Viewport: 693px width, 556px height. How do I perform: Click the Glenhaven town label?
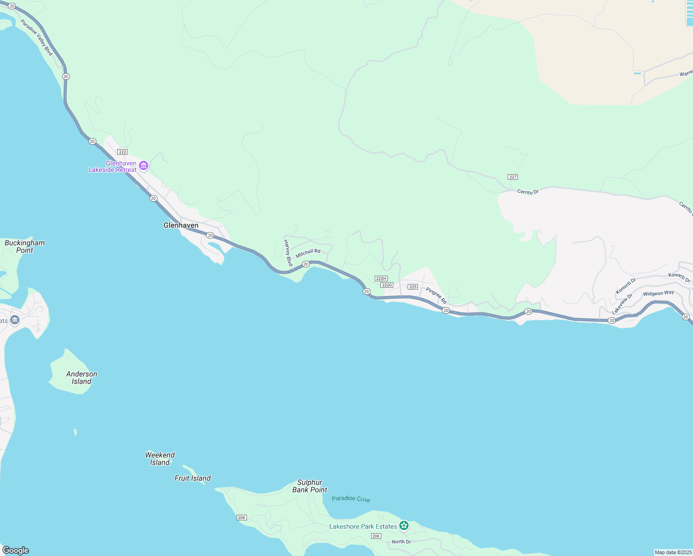pos(181,226)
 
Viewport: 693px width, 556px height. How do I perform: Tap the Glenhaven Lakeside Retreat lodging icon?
pos(144,166)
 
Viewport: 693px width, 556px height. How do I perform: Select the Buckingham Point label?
pos(25,246)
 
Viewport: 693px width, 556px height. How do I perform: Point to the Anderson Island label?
pos(82,378)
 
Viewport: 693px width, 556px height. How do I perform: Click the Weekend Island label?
pos(160,459)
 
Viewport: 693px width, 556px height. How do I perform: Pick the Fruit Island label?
pos(192,478)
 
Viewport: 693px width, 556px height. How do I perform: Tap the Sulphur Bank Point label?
pos(309,486)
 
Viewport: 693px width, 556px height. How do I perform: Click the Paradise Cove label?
pos(351,499)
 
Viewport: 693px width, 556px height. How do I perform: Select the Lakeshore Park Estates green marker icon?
pos(404,525)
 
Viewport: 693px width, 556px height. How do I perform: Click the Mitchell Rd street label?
pos(308,253)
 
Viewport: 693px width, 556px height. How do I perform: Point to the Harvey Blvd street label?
pos(288,253)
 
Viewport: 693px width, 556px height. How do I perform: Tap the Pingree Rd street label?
pos(436,296)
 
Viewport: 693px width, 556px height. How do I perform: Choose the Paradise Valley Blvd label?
pos(37,38)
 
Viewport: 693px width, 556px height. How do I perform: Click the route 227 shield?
pos(512,177)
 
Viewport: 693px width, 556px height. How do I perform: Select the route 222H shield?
pos(381,278)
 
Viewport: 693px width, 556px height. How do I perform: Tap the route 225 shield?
pos(413,287)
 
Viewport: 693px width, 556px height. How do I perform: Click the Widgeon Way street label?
pos(658,293)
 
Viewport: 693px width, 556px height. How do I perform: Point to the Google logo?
pos(16,550)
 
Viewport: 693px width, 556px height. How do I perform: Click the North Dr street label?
pos(401,542)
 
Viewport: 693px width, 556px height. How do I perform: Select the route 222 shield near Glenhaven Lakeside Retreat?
pos(122,152)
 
